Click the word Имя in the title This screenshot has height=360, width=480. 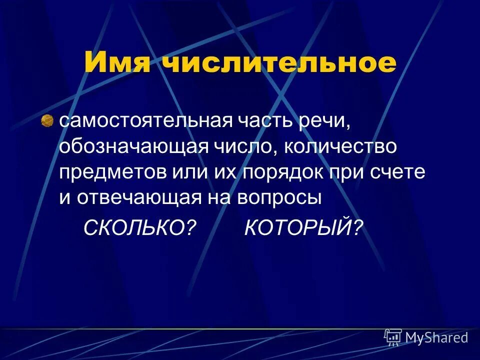117,64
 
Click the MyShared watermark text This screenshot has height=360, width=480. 436,337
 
